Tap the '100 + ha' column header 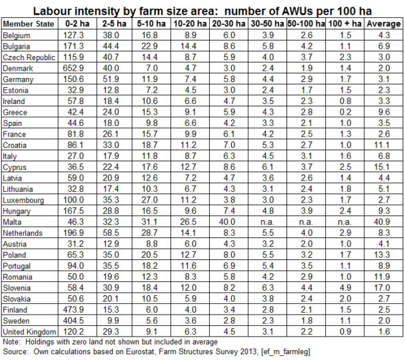click(x=346, y=24)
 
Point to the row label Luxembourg click(x=24, y=200)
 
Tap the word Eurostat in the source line click(x=163, y=350)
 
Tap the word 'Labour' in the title click(x=54, y=9)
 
